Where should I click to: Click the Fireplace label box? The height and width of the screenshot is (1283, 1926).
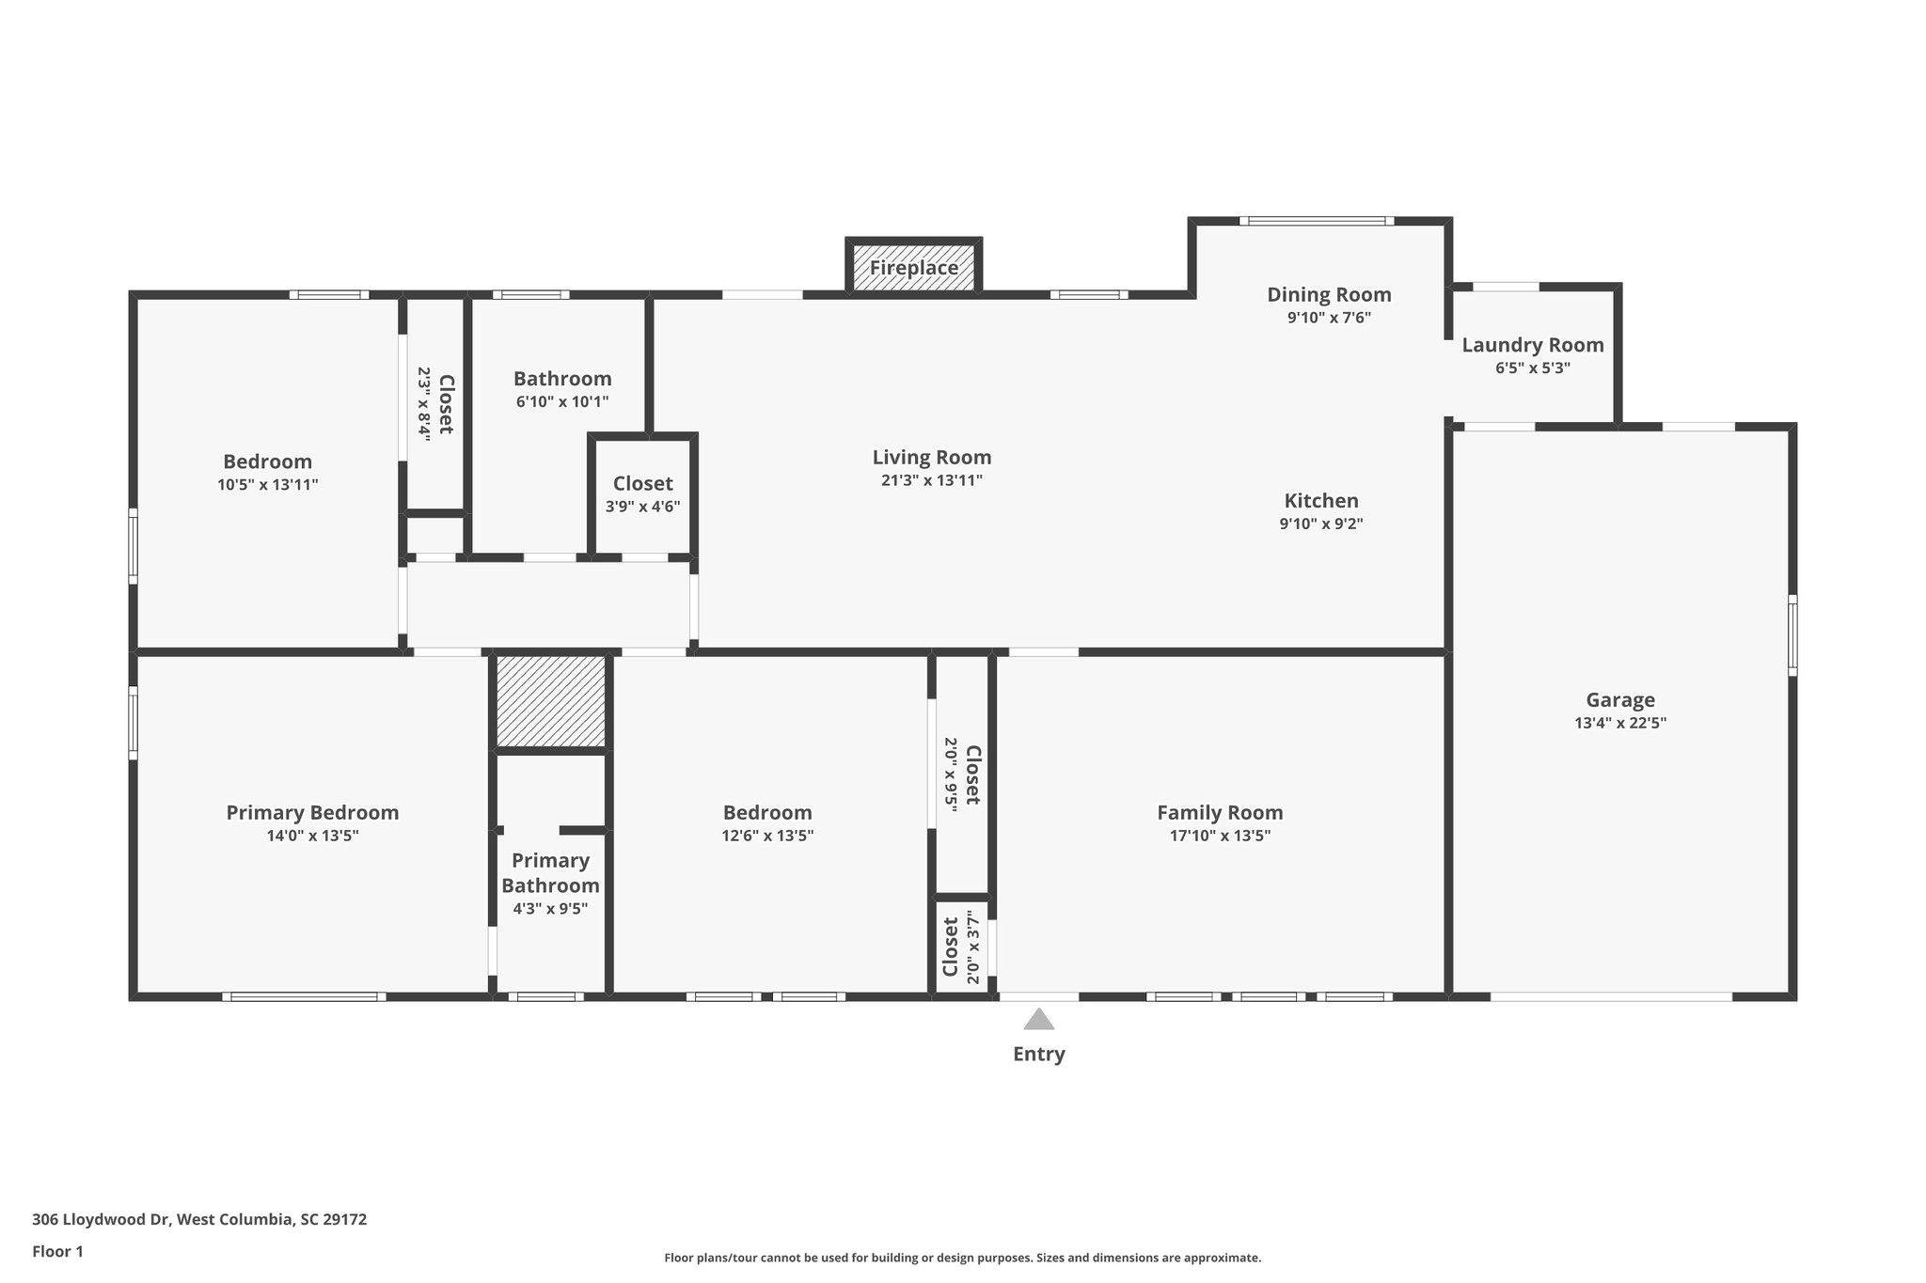tap(913, 268)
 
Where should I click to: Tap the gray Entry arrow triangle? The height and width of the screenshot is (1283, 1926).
tap(1038, 1020)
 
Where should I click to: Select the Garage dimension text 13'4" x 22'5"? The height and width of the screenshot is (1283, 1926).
tap(1620, 723)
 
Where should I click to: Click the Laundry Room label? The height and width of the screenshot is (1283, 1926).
tap(1532, 345)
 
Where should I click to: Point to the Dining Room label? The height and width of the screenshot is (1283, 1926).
tap(1329, 294)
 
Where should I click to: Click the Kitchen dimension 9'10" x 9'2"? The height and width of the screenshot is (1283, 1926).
tap(1320, 524)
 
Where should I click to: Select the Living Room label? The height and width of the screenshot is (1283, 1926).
tap(931, 458)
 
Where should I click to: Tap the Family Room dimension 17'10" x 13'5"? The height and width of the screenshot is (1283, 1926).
tap(1220, 836)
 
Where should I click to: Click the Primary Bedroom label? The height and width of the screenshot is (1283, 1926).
tap(312, 812)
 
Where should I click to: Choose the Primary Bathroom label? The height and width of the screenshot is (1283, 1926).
tap(550, 873)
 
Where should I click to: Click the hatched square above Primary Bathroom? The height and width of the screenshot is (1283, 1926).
tap(551, 701)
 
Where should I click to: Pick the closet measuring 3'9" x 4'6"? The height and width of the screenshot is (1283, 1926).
tap(642, 494)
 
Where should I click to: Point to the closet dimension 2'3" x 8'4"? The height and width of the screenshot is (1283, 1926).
tap(424, 404)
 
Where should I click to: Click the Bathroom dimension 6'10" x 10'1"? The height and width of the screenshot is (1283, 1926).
tap(562, 401)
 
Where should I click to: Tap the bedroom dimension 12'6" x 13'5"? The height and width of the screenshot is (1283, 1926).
tap(767, 836)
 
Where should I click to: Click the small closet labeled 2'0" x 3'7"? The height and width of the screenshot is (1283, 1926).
tap(961, 949)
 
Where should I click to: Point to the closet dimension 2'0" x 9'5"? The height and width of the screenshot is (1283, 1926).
tap(952, 774)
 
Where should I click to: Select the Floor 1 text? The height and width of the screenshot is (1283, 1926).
tap(57, 1251)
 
